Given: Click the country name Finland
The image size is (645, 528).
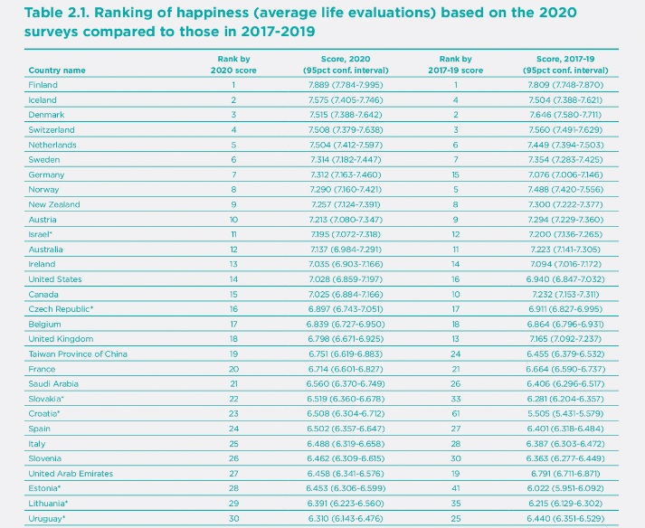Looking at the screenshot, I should [43, 85].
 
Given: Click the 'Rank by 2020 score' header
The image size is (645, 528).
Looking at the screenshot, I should [232, 64].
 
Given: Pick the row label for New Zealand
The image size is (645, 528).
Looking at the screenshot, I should [54, 204].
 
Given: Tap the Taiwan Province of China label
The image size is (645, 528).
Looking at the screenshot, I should [78, 354].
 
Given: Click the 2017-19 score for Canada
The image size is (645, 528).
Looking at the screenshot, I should [564, 295].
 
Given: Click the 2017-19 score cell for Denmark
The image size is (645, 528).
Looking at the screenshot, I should [564, 115].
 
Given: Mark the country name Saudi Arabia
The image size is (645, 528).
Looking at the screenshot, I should [54, 384].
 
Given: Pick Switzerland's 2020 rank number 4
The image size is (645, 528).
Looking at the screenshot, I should [232, 129].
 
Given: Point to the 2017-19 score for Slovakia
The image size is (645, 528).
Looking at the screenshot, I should [564, 400].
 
